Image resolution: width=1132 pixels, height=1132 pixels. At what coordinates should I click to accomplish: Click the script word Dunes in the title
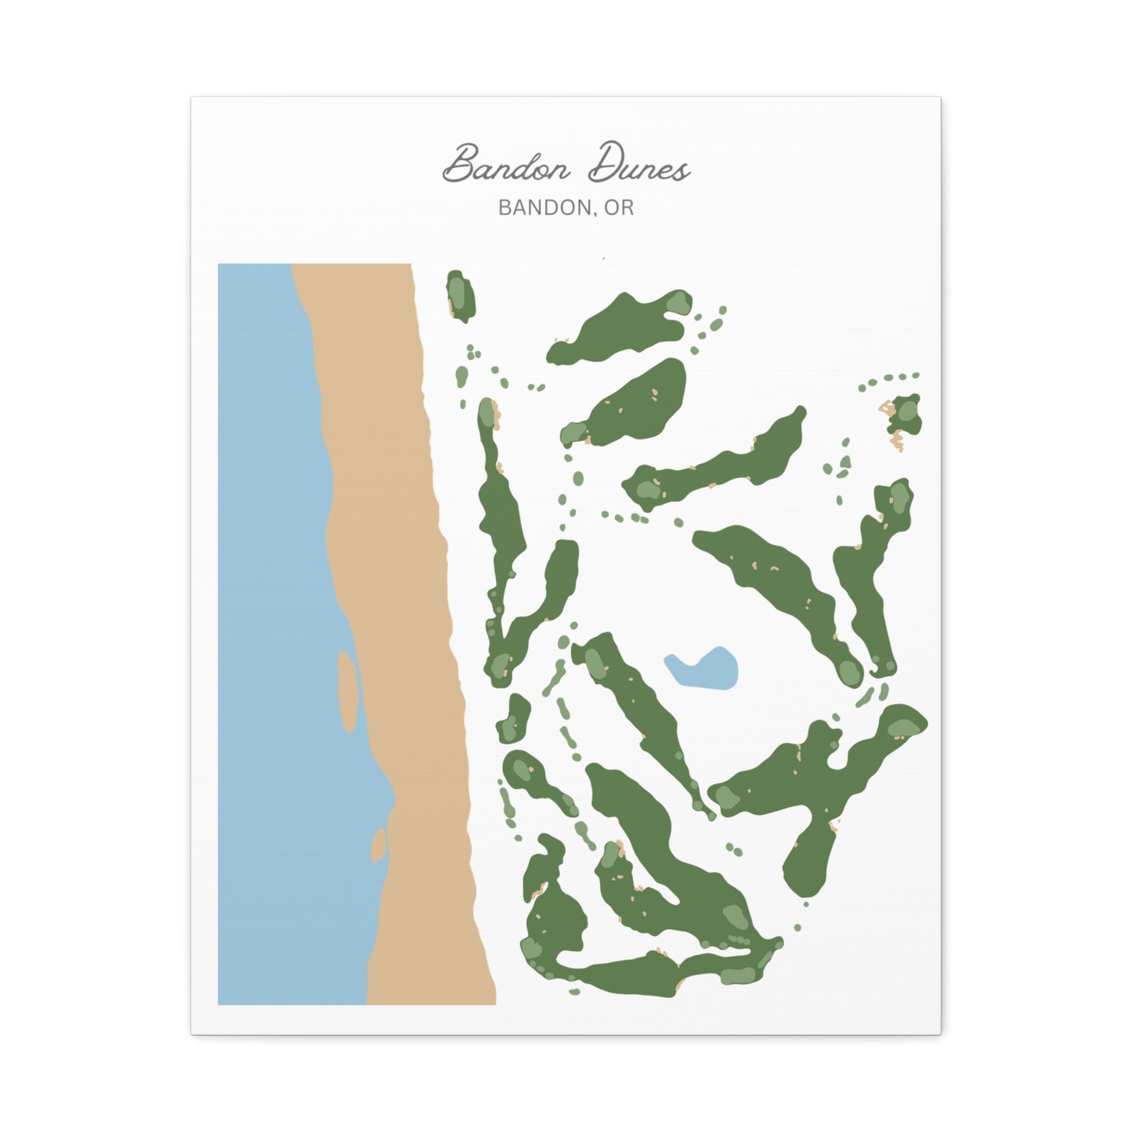tap(638, 165)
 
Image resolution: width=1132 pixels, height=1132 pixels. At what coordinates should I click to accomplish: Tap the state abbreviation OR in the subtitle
tap(619, 208)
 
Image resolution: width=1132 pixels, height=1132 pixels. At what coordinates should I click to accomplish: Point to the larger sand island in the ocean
tap(346, 689)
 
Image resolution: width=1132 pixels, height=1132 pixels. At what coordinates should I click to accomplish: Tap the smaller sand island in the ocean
tap(378, 845)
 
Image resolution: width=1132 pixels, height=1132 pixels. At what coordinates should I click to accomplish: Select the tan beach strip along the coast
tap(392, 548)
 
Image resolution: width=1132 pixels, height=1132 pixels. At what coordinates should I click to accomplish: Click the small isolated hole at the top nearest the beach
tap(461, 295)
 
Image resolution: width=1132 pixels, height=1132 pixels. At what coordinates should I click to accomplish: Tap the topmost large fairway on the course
tap(619, 329)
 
